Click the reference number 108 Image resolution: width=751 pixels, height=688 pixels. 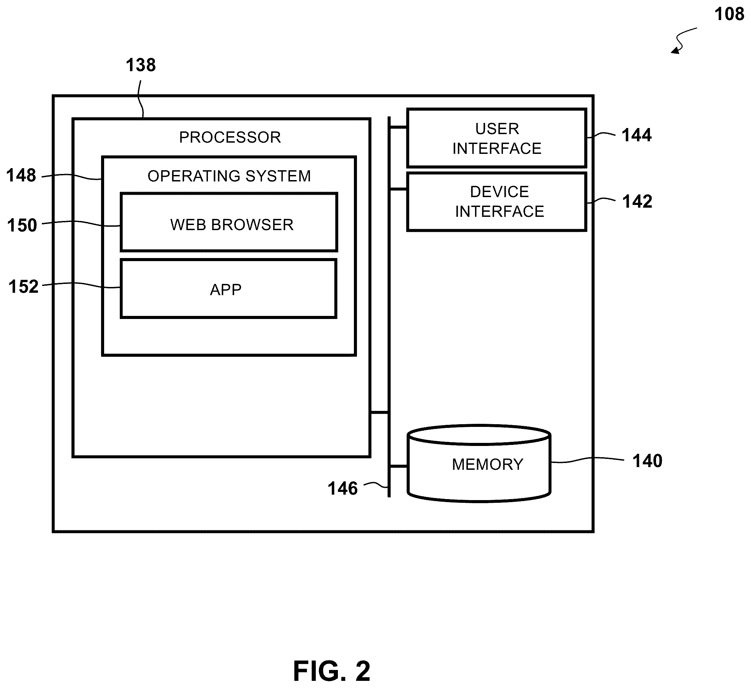[x=729, y=14]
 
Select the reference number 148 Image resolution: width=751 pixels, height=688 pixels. [x=21, y=175]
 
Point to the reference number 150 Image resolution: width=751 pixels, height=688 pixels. [x=22, y=225]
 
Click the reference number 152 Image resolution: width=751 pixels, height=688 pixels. [x=23, y=287]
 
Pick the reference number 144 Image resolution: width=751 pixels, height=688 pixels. [x=637, y=135]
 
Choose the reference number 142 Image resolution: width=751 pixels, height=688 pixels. [x=637, y=201]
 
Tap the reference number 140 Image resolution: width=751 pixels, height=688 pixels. [x=648, y=461]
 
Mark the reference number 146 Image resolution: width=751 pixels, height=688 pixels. [x=342, y=488]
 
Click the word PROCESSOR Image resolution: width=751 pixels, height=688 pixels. [x=230, y=137]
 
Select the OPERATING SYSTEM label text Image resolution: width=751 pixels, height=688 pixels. [x=229, y=176]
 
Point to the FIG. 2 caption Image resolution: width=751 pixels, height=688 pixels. [x=331, y=671]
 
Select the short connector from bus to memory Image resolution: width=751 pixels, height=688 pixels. [x=398, y=466]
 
